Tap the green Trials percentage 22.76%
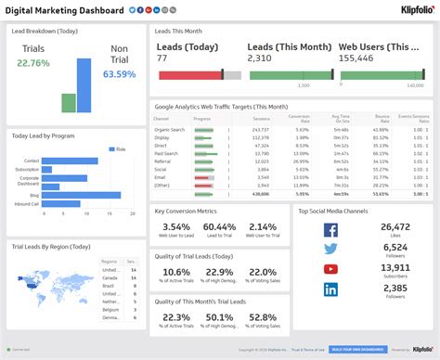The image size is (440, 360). pos(33,64)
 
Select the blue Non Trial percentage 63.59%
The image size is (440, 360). pos(118,74)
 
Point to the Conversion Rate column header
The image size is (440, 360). pos(298,119)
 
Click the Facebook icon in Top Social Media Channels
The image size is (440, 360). pos(331,229)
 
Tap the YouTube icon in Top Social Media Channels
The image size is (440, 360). pos(331,269)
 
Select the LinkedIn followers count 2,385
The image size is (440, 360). pos(395,288)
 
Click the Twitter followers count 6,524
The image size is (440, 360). pos(395,247)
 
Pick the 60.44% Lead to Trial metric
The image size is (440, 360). pos(219,227)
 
